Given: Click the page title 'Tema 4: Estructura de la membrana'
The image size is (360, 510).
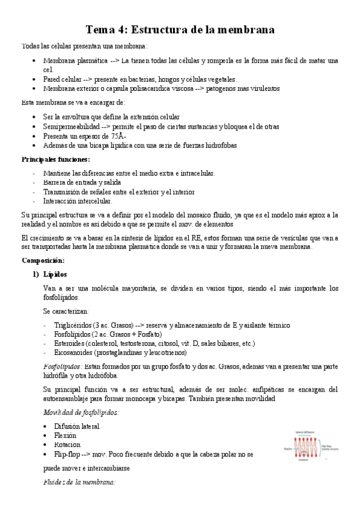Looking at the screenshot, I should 180,29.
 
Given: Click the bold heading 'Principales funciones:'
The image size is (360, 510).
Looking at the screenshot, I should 55,159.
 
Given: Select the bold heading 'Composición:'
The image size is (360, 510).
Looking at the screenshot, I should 46,260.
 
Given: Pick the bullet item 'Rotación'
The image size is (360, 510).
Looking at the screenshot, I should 58,444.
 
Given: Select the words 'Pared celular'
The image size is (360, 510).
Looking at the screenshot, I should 63,79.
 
